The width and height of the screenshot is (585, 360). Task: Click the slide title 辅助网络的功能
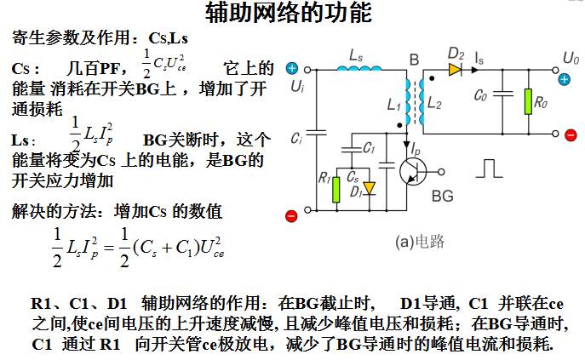click(289, 12)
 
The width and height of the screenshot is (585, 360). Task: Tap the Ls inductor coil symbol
click(359, 68)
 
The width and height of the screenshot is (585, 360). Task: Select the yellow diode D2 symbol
click(456, 70)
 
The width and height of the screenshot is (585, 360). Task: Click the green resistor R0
click(528, 101)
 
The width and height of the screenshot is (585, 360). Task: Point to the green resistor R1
click(336, 190)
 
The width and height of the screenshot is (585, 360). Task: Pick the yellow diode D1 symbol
click(370, 188)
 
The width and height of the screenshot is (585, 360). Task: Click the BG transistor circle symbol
click(413, 172)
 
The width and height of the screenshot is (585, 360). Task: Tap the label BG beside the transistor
click(443, 196)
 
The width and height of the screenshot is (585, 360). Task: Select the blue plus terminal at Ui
click(292, 68)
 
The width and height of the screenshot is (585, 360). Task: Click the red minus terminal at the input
click(291, 216)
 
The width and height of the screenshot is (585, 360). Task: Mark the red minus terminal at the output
click(571, 135)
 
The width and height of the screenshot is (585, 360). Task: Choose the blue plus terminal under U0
click(564, 79)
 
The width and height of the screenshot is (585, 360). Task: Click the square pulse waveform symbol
click(489, 169)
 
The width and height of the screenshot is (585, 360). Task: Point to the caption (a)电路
click(420, 242)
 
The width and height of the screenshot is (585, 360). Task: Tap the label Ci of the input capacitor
click(296, 140)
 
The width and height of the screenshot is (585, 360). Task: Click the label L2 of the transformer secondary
click(434, 102)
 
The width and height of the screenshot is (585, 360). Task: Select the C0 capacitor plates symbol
click(503, 94)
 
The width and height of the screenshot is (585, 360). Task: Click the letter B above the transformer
click(414, 60)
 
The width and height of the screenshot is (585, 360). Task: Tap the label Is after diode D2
click(479, 58)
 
